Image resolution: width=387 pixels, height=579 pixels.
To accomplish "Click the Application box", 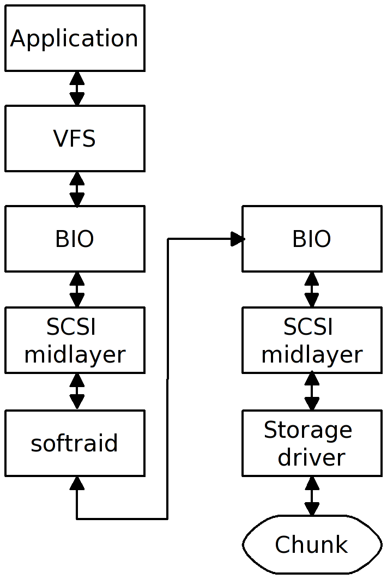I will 75,38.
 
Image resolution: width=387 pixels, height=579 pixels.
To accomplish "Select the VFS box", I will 75,138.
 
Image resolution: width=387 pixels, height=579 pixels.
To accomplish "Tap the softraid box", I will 75,443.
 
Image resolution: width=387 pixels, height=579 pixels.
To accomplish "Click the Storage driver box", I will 312,443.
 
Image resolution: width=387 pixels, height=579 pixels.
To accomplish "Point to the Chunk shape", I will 312,545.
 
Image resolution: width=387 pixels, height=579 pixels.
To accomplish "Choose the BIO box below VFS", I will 75,239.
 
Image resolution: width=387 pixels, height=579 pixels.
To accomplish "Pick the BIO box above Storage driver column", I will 312,239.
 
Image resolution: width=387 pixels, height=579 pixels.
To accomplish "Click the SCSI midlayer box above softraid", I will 75,340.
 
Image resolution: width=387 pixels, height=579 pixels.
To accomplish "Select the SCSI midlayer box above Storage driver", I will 312,340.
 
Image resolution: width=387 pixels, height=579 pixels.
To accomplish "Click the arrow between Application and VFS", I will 77,88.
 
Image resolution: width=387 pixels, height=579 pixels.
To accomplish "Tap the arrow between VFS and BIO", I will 77,189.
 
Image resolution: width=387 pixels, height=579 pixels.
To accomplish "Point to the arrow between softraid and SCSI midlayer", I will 77,391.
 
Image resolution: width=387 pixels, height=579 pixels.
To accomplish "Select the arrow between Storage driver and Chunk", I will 312,496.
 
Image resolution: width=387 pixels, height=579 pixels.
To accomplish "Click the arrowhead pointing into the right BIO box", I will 237,239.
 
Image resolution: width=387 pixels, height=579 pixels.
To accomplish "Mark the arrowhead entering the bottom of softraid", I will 77,482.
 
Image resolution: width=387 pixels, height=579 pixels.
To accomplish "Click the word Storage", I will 308,430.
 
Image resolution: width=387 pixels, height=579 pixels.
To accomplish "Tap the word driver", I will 312,457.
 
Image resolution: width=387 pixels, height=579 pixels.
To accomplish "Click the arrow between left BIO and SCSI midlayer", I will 77,289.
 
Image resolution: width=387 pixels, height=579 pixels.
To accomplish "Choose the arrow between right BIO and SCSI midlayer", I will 312,289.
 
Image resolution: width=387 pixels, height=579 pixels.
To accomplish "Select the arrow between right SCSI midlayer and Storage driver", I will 312,391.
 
